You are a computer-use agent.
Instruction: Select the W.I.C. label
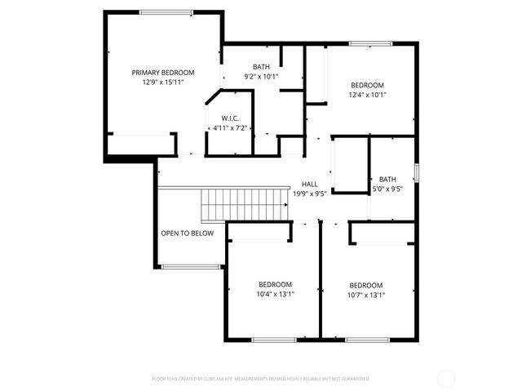click(229, 118)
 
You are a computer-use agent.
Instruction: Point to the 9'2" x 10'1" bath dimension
click(261, 77)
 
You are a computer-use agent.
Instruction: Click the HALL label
click(309, 185)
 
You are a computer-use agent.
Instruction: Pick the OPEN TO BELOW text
click(187, 234)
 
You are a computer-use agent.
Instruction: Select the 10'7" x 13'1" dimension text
click(366, 295)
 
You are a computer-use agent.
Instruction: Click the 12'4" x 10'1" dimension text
click(367, 95)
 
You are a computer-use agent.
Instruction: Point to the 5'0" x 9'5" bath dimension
click(387, 189)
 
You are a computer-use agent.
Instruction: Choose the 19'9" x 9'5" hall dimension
click(309, 194)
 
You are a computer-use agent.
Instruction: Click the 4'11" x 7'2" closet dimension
click(229, 128)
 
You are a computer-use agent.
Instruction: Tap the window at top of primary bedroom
click(166, 12)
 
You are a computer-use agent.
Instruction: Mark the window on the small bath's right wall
click(416, 173)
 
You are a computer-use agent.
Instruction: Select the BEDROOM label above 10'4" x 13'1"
click(275, 285)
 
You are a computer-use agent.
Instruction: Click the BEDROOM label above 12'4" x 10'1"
click(367, 85)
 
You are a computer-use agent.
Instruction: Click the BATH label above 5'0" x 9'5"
click(387, 179)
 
